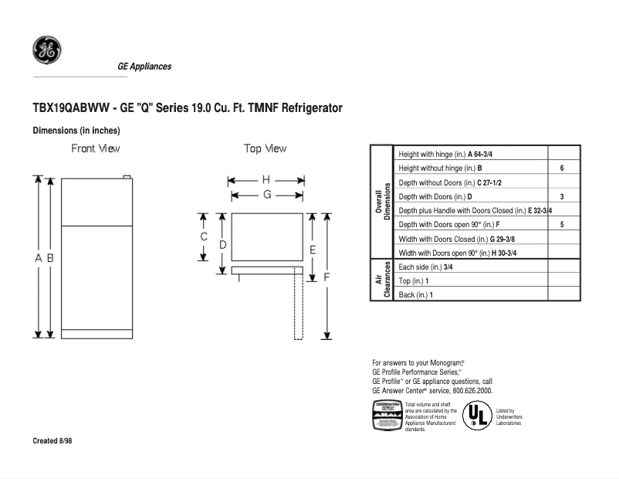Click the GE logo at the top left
(46, 50)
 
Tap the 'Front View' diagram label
(96, 148)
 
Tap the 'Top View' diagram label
(265, 148)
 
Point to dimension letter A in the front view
(38, 259)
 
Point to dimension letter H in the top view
(266, 180)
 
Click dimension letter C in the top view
(204, 236)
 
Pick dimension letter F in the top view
(326, 276)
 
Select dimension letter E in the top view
(313, 250)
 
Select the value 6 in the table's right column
(562, 168)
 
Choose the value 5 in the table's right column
(562, 225)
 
